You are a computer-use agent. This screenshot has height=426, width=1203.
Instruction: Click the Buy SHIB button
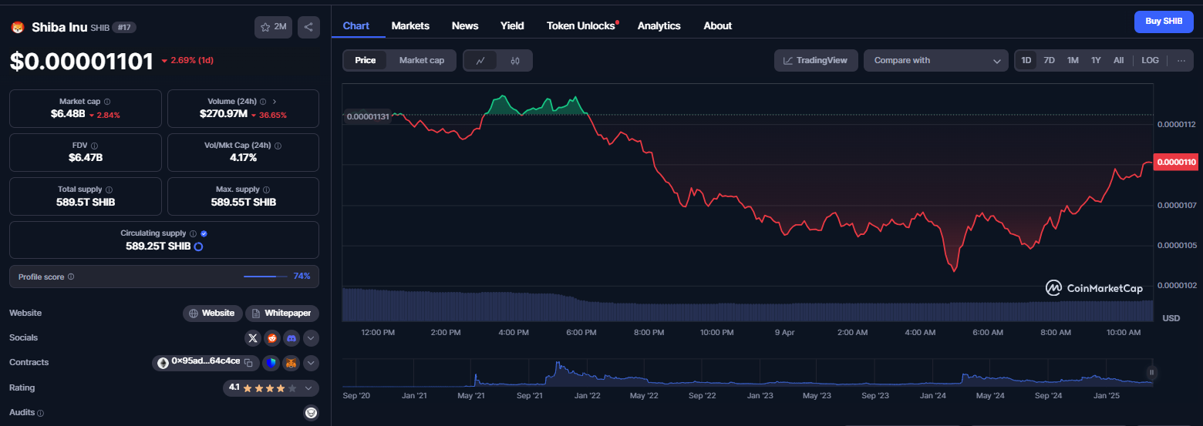1163,22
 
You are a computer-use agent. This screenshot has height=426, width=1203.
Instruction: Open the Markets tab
410,25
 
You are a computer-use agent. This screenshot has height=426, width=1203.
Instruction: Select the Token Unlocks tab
581,25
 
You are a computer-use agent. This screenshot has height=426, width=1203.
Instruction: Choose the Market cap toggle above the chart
422,61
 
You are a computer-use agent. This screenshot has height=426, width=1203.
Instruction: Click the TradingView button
816,61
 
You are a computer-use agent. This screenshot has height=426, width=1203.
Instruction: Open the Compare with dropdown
935,61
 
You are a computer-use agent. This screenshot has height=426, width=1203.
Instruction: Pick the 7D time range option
1049,61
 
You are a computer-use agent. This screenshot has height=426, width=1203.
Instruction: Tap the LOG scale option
1150,61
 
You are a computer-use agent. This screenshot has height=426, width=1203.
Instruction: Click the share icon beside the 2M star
308,28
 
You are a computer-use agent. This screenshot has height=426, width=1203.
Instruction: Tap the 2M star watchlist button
273,28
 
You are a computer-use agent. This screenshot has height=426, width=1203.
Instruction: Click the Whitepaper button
282,314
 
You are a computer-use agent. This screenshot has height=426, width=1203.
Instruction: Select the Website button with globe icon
213,314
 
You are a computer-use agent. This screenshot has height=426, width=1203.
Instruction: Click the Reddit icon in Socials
272,338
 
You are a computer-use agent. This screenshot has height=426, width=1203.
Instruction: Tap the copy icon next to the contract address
248,363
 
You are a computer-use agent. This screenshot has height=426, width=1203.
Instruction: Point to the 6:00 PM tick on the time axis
581,333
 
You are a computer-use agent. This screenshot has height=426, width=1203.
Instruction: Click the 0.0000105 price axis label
1177,245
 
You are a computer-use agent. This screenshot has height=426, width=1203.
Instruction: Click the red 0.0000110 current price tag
1176,162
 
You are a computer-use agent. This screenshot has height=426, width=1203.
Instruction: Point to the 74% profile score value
302,277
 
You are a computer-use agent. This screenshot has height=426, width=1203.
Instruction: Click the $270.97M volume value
224,114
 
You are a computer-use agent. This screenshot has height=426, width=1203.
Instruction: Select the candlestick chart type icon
515,61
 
